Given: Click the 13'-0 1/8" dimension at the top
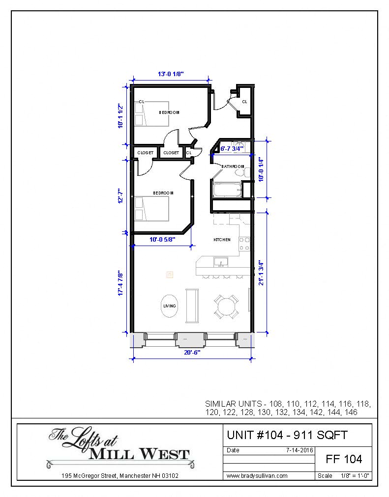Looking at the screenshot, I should point(171,74).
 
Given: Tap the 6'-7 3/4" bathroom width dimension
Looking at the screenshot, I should point(232,148).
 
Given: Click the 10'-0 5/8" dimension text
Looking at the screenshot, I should point(162,240).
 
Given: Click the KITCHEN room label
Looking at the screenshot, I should point(222,240).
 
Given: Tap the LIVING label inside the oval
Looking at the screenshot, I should point(169,306).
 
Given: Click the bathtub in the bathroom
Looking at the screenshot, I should point(227,189).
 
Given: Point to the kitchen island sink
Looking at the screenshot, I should point(221,262).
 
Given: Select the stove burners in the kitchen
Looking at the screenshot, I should point(244,244).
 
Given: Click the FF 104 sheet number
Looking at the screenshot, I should point(344,459).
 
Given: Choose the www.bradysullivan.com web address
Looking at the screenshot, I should point(257,475).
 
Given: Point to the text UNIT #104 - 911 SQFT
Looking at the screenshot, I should point(287,435).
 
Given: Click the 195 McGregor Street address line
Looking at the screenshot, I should point(120,475).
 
